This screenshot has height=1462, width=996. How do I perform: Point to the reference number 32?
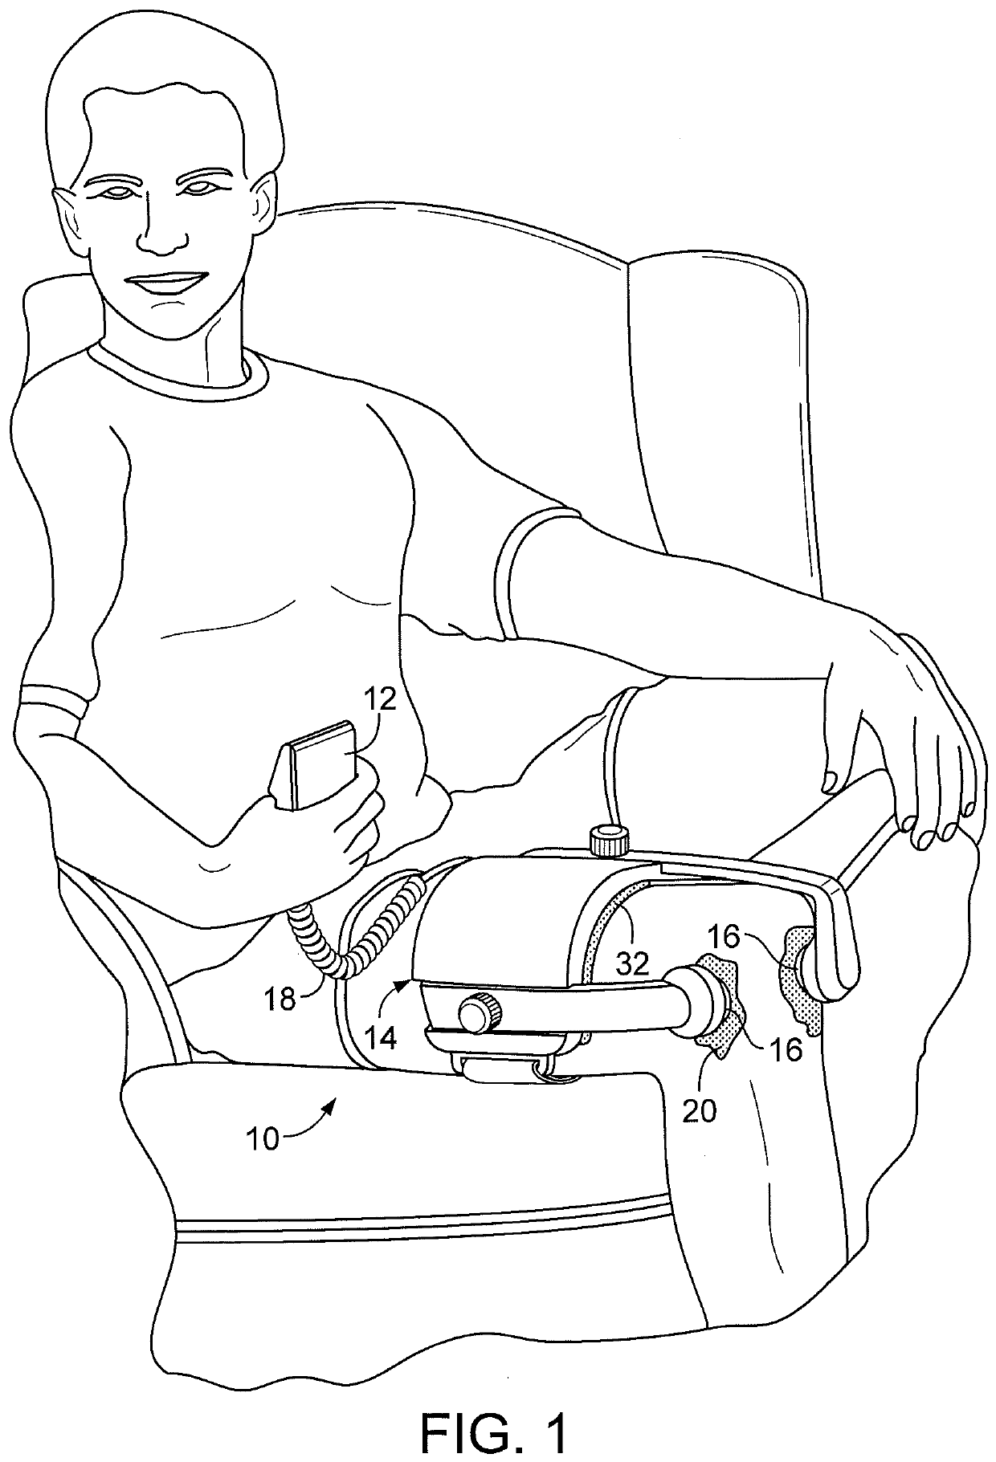[x=633, y=963]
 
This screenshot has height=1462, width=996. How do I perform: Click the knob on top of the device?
[x=608, y=841]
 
